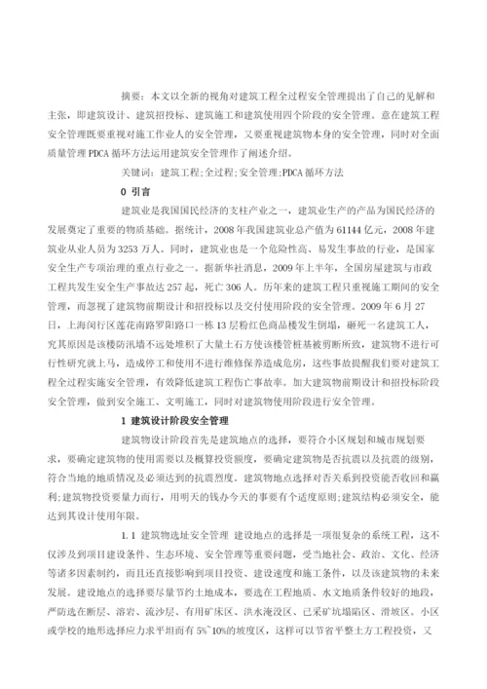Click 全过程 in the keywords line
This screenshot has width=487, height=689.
tap(215, 172)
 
